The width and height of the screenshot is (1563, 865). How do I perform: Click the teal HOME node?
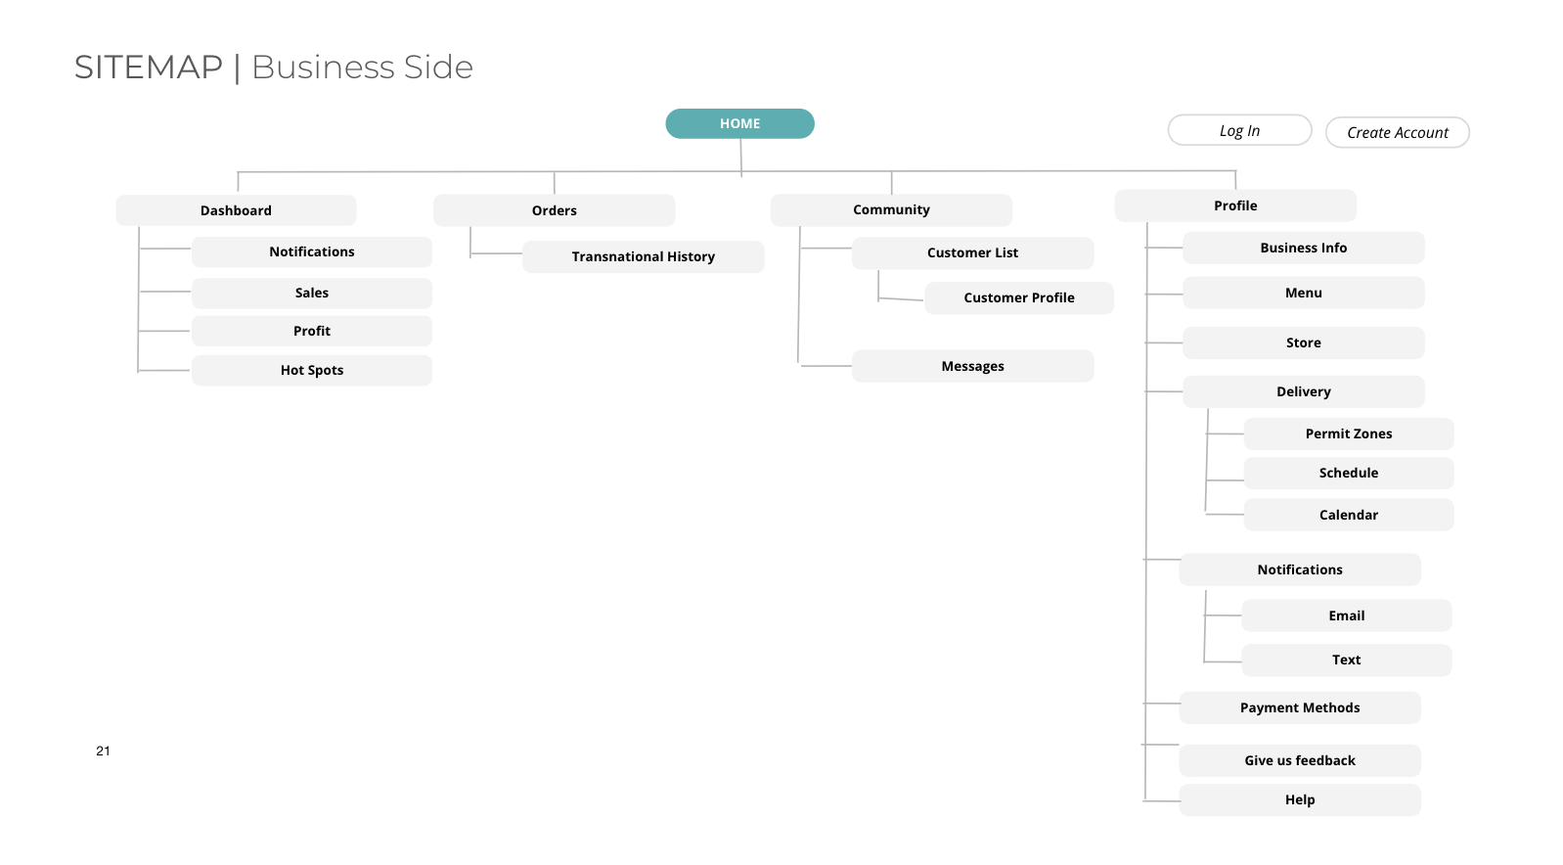click(739, 123)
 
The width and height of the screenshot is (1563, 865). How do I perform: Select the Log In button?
click(1239, 130)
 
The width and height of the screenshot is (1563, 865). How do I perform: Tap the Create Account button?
click(1397, 133)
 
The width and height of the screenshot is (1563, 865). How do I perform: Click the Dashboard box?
click(236, 210)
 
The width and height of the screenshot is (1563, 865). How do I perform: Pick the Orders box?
click(554, 210)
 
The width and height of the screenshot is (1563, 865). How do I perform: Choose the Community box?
click(891, 209)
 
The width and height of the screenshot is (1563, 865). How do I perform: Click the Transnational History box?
click(643, 256)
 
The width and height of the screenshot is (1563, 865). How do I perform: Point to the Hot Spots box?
click(312, 370)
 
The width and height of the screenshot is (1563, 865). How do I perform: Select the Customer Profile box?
click(1019, 297)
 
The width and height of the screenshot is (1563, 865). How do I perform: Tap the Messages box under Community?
click(972, 366)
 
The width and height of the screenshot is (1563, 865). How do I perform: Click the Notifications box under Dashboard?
click(312, 251)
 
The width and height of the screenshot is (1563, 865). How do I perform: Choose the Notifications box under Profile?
click(1300, 569)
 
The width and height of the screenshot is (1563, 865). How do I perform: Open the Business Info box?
click(1304, 248)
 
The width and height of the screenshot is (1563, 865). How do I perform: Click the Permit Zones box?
click(1348, 433)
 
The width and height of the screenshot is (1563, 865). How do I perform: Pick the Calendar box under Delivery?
click(1348, 515)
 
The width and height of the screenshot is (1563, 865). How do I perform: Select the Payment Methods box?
click(1300, 707)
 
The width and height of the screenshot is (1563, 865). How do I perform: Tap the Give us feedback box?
click(1300, 760)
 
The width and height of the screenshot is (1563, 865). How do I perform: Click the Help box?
click(1300, 799)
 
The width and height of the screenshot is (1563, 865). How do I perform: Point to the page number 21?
click(104, 751)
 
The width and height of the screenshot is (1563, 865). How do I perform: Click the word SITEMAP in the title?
click(149, 68)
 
